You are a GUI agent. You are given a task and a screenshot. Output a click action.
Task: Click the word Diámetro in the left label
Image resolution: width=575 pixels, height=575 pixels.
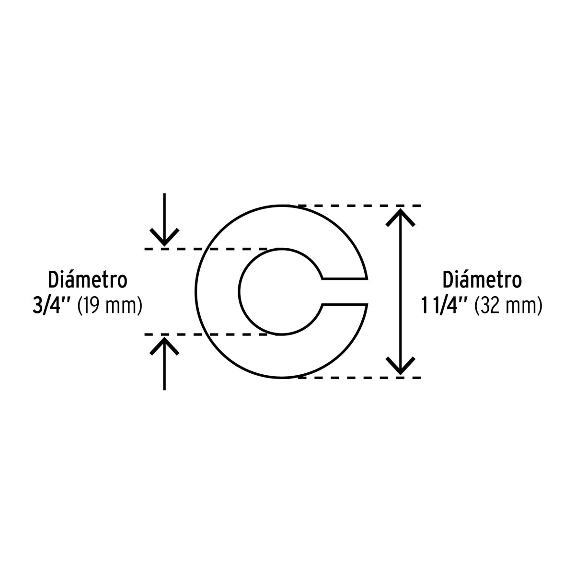pos(87,279)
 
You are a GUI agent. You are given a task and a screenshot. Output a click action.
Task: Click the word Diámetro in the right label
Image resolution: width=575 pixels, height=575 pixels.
pos(482,279)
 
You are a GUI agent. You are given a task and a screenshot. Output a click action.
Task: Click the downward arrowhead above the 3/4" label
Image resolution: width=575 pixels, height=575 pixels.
pos(164,237)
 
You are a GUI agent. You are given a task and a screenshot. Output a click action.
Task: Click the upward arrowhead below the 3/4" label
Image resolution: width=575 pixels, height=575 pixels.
pos(164,346)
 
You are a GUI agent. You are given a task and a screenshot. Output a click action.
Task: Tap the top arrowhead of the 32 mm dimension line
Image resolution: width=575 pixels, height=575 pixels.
pos(400,218)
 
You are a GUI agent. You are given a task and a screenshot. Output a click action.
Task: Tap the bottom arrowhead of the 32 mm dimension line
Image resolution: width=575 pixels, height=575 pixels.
pos(400,366)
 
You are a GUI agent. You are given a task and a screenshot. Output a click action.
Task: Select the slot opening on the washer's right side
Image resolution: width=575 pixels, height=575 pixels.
pos(345,291)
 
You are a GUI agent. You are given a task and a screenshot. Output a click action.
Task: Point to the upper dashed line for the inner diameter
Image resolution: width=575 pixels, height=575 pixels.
pos(206,249)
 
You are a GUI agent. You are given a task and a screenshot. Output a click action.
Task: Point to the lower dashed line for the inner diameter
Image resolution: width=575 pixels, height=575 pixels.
pos(206,334)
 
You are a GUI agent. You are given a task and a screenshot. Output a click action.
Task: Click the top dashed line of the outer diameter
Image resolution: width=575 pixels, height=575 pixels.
pos(359,206)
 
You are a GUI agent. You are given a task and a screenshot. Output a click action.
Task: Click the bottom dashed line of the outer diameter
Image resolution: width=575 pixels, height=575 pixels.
pos(359,378)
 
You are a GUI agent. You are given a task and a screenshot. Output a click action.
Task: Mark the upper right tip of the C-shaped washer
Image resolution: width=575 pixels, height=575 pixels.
pos(367,279)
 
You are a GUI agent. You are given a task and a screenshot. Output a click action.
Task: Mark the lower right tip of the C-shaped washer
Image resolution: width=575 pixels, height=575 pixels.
pos(367,304)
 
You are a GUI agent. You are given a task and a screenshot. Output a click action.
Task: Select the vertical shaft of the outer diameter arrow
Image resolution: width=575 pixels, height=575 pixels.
pos(400,291)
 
